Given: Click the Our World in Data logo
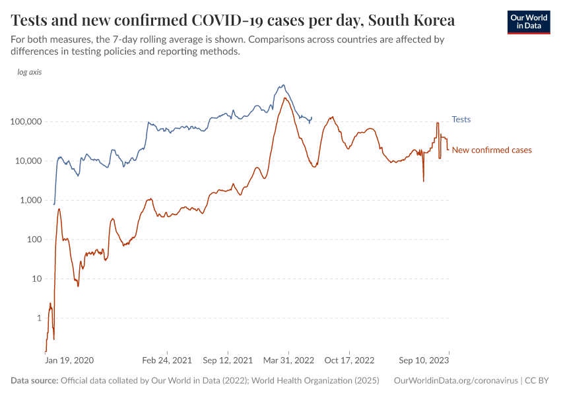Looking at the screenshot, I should (x=528, y=22).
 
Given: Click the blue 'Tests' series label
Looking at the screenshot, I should (x=461, y=119).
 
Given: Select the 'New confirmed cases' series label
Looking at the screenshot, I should (x=491, y=150).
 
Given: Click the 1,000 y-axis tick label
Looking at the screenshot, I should (x=29, y=201).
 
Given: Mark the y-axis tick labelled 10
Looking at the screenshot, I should (x=36, y=279).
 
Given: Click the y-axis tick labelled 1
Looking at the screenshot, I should (x=38, y=318).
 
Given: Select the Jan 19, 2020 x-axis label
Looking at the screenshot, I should (x=69, y=360).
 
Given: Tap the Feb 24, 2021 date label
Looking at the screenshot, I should (x=166, y=360).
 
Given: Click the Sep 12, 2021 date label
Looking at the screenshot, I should (x=228, y=360).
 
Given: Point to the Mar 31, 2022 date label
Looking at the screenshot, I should (x=288, y=360).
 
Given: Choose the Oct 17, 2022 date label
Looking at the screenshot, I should (x=349, y=360).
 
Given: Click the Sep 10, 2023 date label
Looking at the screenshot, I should (x=423, y=360).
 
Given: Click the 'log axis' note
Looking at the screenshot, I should (x=30, y=73).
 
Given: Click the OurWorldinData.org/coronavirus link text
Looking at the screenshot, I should (x=455, y=381).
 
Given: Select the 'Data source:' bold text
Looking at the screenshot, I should (x=34, y=381).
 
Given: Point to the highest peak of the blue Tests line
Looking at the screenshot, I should (x=283, y=84).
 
